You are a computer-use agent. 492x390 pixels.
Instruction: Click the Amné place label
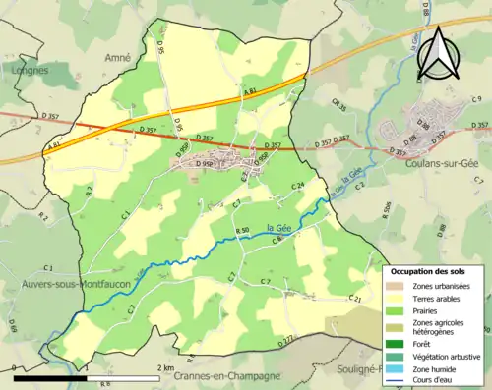point(118,58)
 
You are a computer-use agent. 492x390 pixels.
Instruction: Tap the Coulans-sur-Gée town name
point(432,163)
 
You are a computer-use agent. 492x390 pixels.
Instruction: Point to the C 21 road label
point(355,299)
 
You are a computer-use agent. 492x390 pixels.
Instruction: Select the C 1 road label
point(126,213)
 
